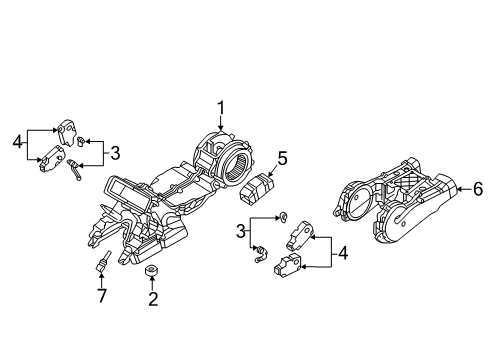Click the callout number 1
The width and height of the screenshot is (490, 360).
pyautogui.click(x=221, y=109)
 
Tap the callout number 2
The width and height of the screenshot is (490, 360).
pyautogui.click(x=153, y=299)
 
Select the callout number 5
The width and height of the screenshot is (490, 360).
pyautogui.click(x=282, y=158)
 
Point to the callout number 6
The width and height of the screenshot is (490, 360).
pyautogui.click(x=478, y=189)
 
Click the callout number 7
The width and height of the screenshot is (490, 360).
pyautogui.click(x=102, y=295)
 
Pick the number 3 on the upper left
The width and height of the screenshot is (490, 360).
pyautogui.click(x=115, y=153)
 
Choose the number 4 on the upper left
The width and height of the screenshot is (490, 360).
pyautogui.click(x=18, y=143)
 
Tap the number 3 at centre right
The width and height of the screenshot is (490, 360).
pyautogui.click(x=241, y=231)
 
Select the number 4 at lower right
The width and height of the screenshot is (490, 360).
pyautogui.click(x=343, y=253)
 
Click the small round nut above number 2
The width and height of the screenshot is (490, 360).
pyautogui.click(x=152, y=271)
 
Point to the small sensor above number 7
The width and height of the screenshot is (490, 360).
pyautogui.click(x=104, y=261)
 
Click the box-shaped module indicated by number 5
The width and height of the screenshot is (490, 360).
pyautogui.click(x=256, y=187)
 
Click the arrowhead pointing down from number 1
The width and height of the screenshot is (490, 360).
pyautogui.click(x=221, y=127)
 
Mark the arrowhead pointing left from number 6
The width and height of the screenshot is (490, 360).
pyautogui.click(x=460, y=189)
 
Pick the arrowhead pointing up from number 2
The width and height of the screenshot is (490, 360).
pyautogui.click(x=152, y=279)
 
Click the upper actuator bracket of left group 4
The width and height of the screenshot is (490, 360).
pyautogui.click(x=67, y=131)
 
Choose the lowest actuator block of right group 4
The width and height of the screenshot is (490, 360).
pyautogui.click(x=287, y=265)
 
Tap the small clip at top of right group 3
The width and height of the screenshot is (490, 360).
pyautogui.click(x=284, y=217)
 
